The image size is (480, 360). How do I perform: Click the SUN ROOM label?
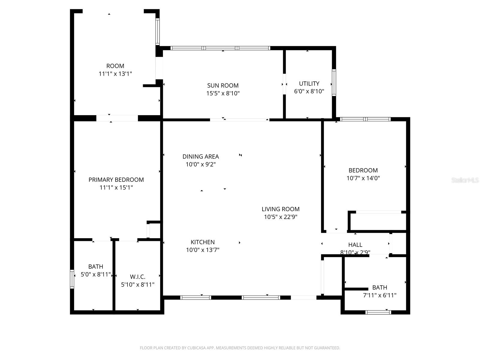pyautogui.click(x=223, y=85)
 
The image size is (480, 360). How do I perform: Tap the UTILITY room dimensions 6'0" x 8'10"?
pyautogui.click(x=309, y=91)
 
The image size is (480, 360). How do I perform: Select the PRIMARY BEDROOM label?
pyautogui.click(x=116, y=180)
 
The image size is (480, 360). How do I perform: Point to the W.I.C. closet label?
pyautogui.click(x=138, y=277)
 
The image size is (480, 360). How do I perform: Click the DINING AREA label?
pyautogui.click(x=201, y=157)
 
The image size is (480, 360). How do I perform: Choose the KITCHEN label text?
pyautogui.click(x=202, y=242)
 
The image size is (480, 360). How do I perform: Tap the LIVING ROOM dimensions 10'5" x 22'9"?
pyautogui.click(x=280, y=217)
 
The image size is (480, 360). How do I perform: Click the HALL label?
pyautogui.click(x=355, y=245)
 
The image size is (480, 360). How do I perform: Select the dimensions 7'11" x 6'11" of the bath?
pyautogui.click(x=379, y=295)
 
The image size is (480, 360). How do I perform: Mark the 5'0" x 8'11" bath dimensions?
pyautogui.click(x=96, y=274)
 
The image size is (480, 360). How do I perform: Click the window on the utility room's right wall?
pyautogui.click(x=334, y=82)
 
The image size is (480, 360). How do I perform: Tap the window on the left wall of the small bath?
pyautogui.click(x=72, y=279)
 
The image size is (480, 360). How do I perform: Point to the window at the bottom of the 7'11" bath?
pyautogui.click(x=378, y=312)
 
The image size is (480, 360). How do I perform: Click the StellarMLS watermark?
pyautogui.click(x=465, y=180)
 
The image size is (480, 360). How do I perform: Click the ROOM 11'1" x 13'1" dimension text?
pyautogui.click(x=115, y=74)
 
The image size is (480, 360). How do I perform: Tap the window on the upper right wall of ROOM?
pyautogui.click(x=157, y=31)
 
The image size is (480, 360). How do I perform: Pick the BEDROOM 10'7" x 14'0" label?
pyautogui.click(x=363, y=170)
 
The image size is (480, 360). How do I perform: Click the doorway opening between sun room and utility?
pyautogui.click(x=284, y=84)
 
